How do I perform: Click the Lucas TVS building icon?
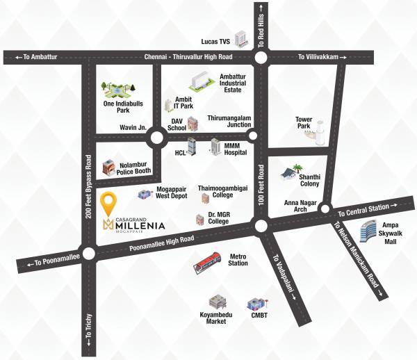[241, 39]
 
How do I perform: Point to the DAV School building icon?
[193, 124]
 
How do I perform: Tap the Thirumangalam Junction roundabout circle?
[253, 136]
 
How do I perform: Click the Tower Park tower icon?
[319, 132]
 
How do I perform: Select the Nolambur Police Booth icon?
[108, 167]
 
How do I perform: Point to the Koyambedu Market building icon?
[218, 302]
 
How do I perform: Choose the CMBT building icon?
[255, 304]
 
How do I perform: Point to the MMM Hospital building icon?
[215, 148]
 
